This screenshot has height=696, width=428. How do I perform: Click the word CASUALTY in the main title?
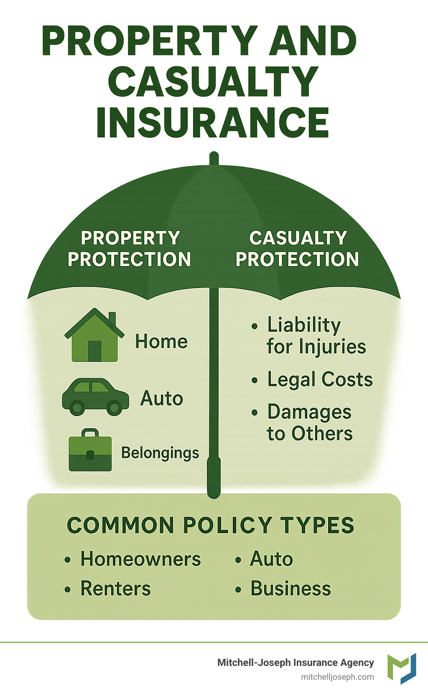pyautogui.click(x=213, y=82)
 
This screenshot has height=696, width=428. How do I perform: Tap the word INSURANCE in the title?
pyautogui.click(x=212, y=122)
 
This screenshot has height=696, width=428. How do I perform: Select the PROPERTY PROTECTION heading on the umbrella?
pyautogui.click(x=130, y=249)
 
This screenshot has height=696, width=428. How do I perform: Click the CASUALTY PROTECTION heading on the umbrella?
pyautogui.click(x=298, y=249)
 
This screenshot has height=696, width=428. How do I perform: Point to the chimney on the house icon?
pyautogui.click(x=112, y=319)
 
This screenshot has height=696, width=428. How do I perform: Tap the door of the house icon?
pyautogui.click(x=95, y=351)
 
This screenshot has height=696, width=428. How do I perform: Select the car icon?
pyautogui.click(x=95, y=397)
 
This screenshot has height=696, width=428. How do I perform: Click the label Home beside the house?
pyautogui.click(x=161, y=342)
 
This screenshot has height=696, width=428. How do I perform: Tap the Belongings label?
pyautogui.click(x=160, y=453)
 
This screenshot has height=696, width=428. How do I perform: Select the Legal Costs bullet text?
pyautogui.click(x=320, y=380)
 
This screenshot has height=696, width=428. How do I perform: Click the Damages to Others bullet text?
pyautogui.click(x=310, y=422)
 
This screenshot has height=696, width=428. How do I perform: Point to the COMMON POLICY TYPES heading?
pyautogui.click(x=210, y=525)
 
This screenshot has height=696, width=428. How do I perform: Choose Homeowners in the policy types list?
pyautogui.click(x=140, y=559)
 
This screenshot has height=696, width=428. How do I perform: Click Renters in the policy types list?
pyautogui.click(x=115, y=589)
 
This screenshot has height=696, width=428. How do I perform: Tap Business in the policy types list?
pyautogui.click(x=290, y=589)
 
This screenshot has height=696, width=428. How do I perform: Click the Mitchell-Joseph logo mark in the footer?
pyautogui.click(x=402, y=668)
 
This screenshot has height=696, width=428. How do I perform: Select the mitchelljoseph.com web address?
pyautogui.click(x=337, y=677)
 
